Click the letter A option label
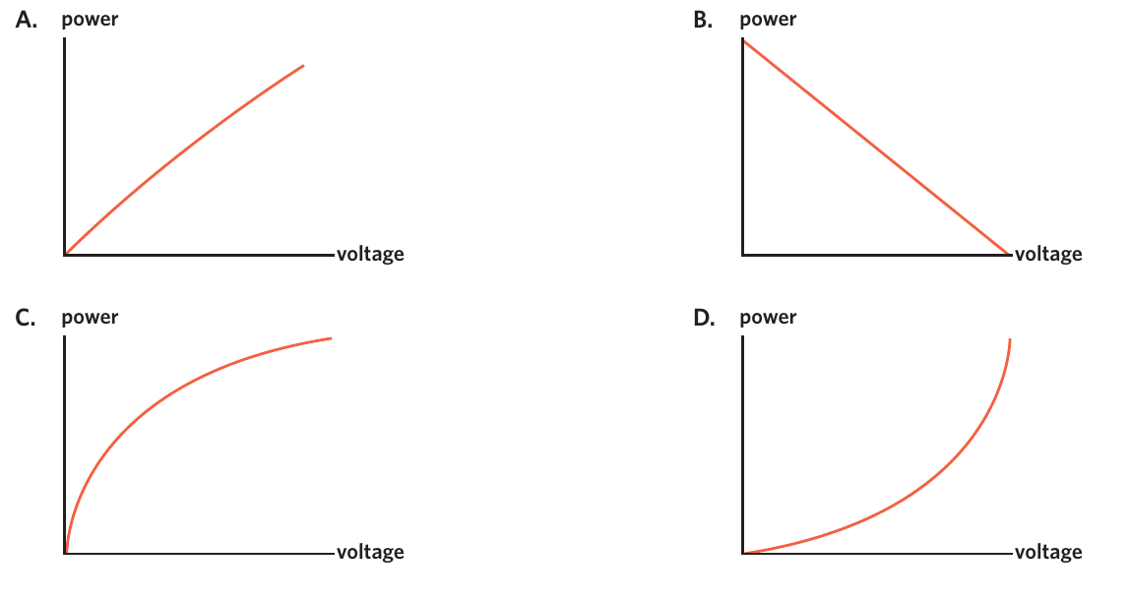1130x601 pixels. pos(27,20)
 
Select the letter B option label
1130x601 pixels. pos(704,20)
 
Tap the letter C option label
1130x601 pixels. pos(26,318)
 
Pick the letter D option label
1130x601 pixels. pos(704,318)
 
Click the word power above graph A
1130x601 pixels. pos(91,20)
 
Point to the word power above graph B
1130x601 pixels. pos(768,20)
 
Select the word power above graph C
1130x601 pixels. pos(91,318)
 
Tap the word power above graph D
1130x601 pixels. pos(768,318)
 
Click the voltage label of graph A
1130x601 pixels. pos(370,255)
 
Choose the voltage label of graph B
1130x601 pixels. pos(1048,255)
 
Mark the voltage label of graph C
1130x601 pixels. pos(370,553)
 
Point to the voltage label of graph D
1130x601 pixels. pos(1048,553)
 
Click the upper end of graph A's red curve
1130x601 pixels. pos(303,66)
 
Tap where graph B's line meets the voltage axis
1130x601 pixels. pos(1009,254)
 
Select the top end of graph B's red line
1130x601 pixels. pos(743,40)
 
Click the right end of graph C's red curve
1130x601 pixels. pos(331,337)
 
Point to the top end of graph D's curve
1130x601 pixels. pos(1010,339)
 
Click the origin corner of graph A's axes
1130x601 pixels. pos(65,255)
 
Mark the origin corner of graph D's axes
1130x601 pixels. pos(743,553)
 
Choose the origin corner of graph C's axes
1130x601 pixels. pos(65,553)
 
